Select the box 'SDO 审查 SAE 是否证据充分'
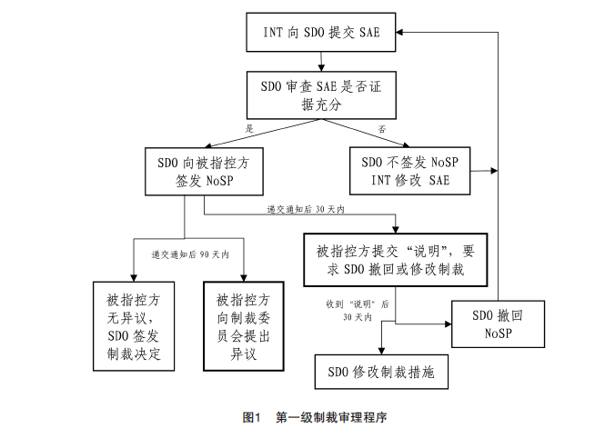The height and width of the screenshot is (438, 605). (320, 95)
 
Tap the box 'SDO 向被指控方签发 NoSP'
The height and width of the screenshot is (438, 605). (203, 171)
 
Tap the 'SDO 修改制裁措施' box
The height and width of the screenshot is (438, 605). (380, 372)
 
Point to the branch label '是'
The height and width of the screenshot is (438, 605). (250, 129)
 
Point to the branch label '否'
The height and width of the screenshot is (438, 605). (382, 130)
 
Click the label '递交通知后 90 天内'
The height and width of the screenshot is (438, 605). (188, 255)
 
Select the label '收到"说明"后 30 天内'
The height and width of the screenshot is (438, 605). (358, 310)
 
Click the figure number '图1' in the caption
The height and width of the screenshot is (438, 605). (252, 418)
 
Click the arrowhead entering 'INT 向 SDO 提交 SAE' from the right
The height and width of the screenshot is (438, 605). (399, 32)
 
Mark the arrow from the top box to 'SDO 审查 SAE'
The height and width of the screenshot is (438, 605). (320, 63)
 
